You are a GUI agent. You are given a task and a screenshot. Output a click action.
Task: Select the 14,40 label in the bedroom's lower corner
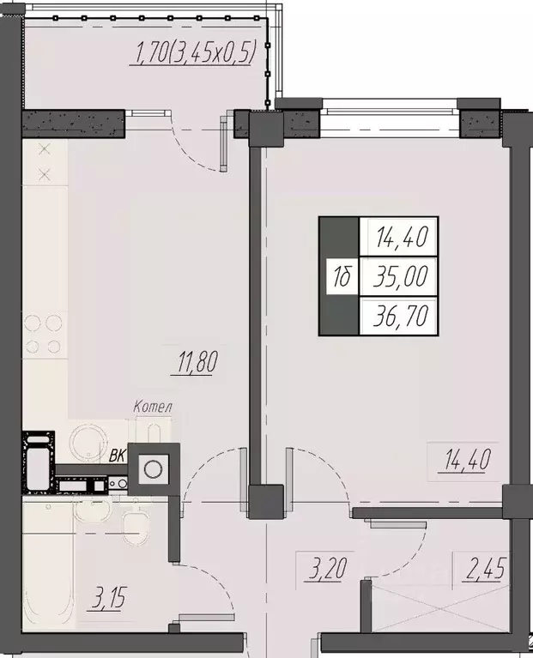click(x=466, y=461)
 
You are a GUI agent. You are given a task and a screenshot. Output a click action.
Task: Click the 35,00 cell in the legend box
click(x=400, y=276)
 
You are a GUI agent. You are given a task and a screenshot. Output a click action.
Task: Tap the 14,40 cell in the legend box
click(x=400, y=234)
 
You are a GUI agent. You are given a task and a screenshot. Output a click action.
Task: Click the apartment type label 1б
click(x=341, y=276)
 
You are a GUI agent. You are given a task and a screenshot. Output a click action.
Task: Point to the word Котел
click(x=154, y=406)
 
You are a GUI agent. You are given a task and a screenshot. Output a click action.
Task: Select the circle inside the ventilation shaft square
click(x=153, y=468)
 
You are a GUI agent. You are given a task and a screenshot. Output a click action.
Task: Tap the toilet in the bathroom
click(x=135, y=524)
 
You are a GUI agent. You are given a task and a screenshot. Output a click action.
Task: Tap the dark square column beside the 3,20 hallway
click(x=265, y=501)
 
